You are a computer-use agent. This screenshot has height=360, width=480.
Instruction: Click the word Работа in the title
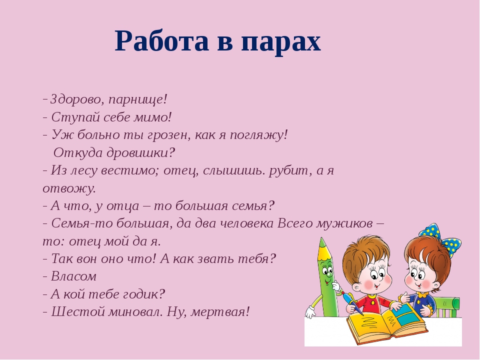click(162, 41)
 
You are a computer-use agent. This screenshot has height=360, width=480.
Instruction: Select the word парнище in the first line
click(135, 100)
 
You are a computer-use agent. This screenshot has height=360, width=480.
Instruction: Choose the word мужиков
click(344, 224)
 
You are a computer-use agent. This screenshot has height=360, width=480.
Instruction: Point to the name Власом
click(74, 276)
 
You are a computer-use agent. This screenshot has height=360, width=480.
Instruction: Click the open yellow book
click(387, 324)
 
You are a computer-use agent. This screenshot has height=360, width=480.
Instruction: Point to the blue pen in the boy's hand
click(352, 303)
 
